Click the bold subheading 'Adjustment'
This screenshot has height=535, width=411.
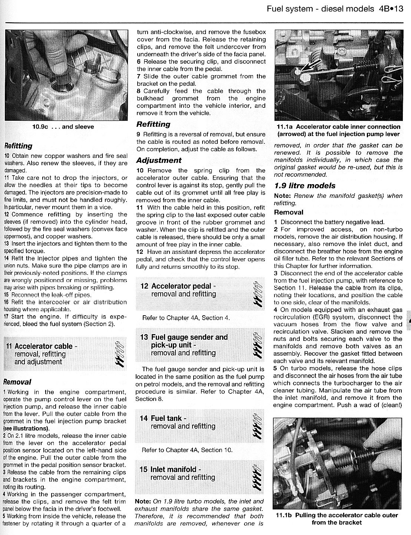click(x=159, y=160)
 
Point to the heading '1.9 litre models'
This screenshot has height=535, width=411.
click(x=305, y=186)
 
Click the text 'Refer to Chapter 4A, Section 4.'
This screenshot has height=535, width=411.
click(x=186, y=318)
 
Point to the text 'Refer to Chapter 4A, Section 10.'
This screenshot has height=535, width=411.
click(x=187, y=450)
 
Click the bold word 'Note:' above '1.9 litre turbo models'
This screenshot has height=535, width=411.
click(x=143, y=501)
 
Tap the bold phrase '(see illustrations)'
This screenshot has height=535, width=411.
click(x=26, y=428)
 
